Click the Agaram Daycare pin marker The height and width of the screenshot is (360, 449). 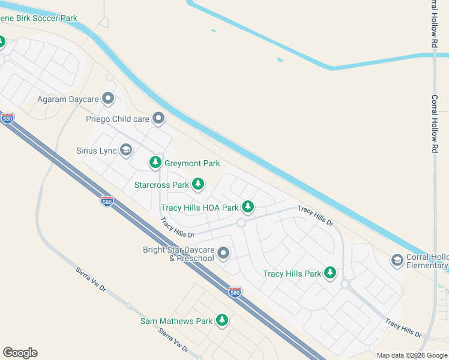pos(108,97)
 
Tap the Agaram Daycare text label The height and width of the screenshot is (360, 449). pos(67,98)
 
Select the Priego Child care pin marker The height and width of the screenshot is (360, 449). pos(158,118)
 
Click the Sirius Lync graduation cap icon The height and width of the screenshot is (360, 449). pos(126,149)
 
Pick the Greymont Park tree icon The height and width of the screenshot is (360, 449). pos(155,162)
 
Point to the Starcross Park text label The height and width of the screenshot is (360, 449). pos(161,185)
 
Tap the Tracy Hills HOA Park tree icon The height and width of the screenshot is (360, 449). pos(247,207)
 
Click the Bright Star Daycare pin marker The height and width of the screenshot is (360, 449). pos(223,253)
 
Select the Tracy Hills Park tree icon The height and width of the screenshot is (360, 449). pos(330,273)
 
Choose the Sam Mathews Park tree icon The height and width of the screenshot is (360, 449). pos(222,320)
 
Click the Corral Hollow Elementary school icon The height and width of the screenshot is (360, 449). pos(397,260)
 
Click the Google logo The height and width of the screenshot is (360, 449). pos(20,353)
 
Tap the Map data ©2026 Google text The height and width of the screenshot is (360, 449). pos(411,355)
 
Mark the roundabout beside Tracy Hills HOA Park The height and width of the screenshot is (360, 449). pos(241,223)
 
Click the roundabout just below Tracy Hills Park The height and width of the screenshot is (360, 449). pos(345,284)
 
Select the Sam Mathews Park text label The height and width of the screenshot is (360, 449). pos(176,321)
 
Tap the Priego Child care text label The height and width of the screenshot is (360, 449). pos(117,119)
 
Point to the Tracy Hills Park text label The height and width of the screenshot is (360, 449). pos(292,274)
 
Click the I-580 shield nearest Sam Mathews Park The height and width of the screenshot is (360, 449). pos(235,292)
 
